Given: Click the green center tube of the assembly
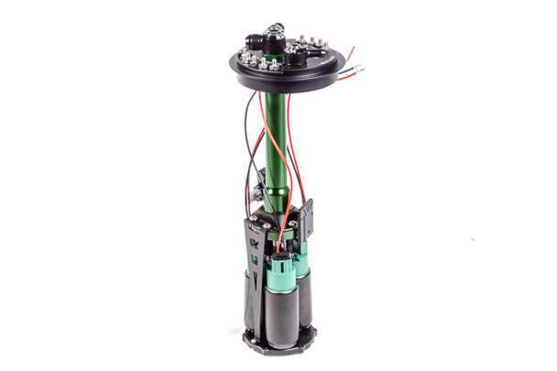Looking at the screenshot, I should tap(275, 137).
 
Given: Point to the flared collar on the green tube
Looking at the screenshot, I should tap(276, 196).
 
